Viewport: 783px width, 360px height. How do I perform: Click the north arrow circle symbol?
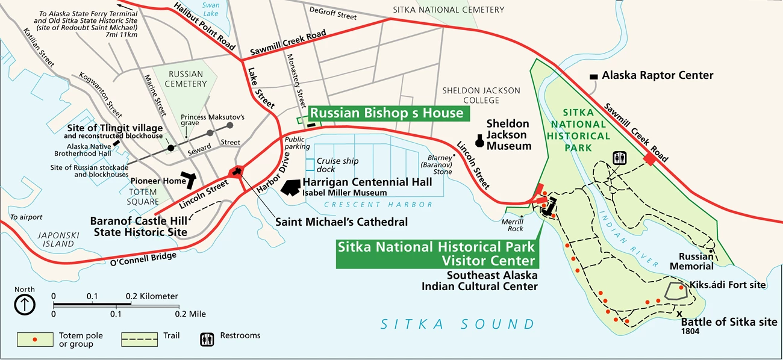pyautogui.click(x=25, y=305)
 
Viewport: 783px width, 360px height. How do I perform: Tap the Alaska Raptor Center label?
pyautogui.click(x=657, y=76)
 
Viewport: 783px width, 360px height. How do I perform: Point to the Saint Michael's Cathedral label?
pyautogui.click(x=341, y=222)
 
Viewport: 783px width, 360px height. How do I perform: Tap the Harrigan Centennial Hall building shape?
pyautogui.click(x=290, y=187)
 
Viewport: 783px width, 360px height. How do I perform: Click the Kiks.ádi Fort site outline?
pyautogui.click(x=676, y=291)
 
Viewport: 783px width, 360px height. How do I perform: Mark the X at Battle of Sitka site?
pyautogui.click(x=679, y=314)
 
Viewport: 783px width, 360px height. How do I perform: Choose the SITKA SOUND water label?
pyautogui.click(x=457, y=324)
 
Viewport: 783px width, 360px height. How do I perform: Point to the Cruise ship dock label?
pyautogui.click(x=337, y=165)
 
